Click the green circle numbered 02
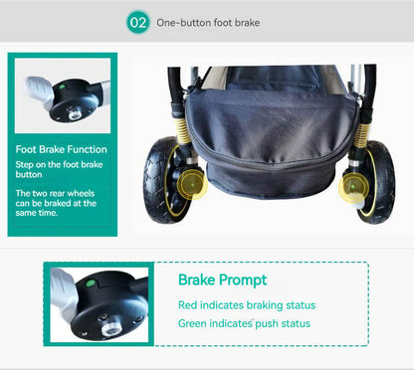(x=139, y=22)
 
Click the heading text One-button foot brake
(x=209, y=22)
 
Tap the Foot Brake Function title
(x=61, y=149)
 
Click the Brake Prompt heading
(x=222, y=279)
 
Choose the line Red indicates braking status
(x=246, y=304)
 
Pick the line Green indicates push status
(x=244, y=323)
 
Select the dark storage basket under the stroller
(x=269, y=139)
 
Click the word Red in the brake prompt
(x=188, y=304)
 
